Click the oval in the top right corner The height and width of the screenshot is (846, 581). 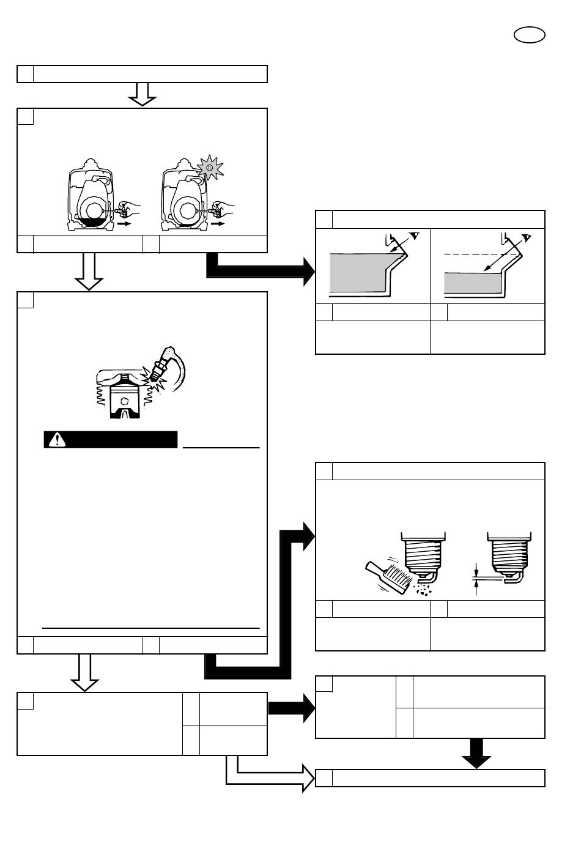click(529, 35)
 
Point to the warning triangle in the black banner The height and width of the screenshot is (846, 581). click(57, 439)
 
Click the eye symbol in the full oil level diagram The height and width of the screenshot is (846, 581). click(415, 236)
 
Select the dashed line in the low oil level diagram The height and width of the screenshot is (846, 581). click(483, 254)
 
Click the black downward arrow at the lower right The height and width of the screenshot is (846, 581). click(476, 754)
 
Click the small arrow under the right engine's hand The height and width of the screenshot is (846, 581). click(217, 224)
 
